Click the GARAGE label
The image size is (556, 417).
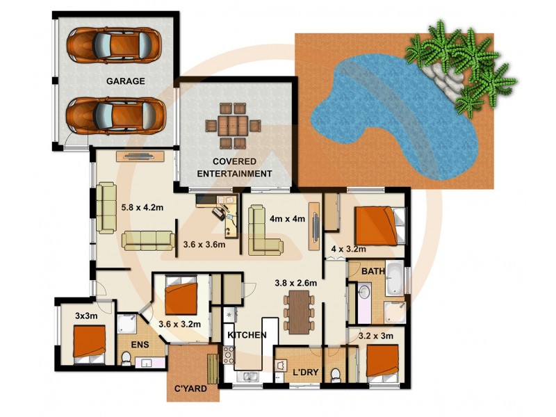pyautogui.click(x=125, y=81)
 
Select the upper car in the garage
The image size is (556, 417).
pyautogui.click(x=116, y=45)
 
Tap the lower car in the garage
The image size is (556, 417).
pyautogui.click(x=116, y=115)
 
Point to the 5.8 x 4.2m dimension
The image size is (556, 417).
pyautogui.click(x=142, y=206)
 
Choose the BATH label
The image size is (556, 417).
pyautogui.click(x=373, y=271)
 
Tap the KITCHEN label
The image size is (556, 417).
pyautogui.click(x=247, y=335)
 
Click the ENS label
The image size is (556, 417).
pyautogui.click(x=147, y=344)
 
